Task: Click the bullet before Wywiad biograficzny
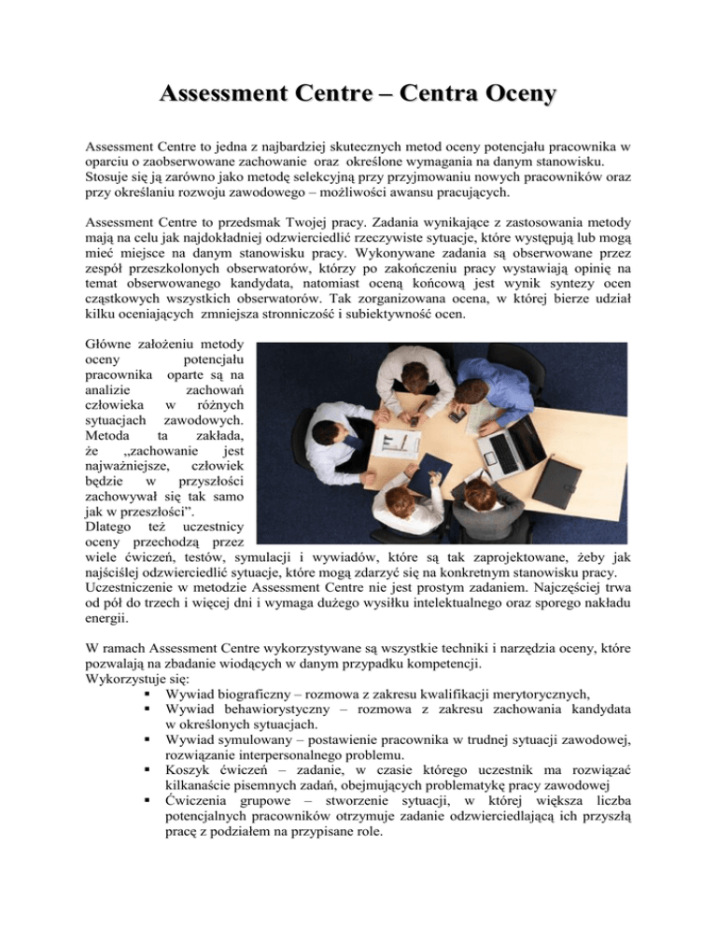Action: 148,694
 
